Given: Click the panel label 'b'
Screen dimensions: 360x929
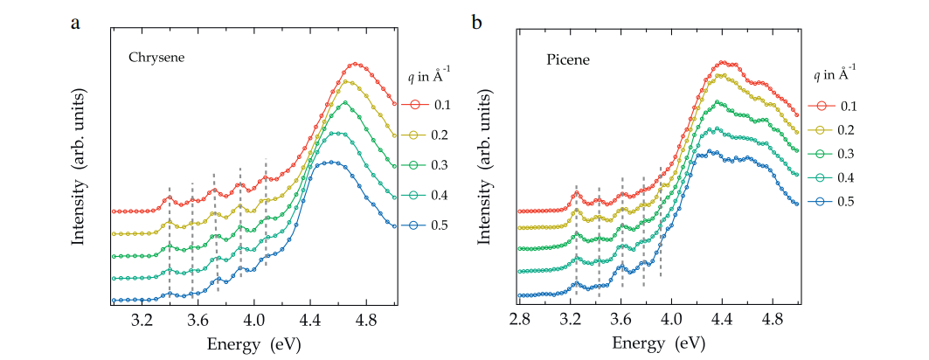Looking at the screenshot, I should [x=477, y=22].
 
